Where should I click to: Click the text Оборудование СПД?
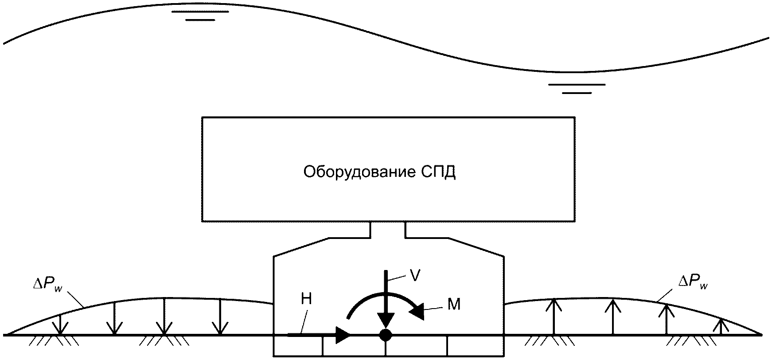tap(379, 172)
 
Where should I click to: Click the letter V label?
tap(415, 276)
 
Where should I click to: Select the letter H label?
tap(307, 299)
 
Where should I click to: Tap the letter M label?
tap(454, 305)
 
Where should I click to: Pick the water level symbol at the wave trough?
tap(577, 88)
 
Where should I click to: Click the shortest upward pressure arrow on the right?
tap(723, 325)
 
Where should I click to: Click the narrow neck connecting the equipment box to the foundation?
tap(388, 229)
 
